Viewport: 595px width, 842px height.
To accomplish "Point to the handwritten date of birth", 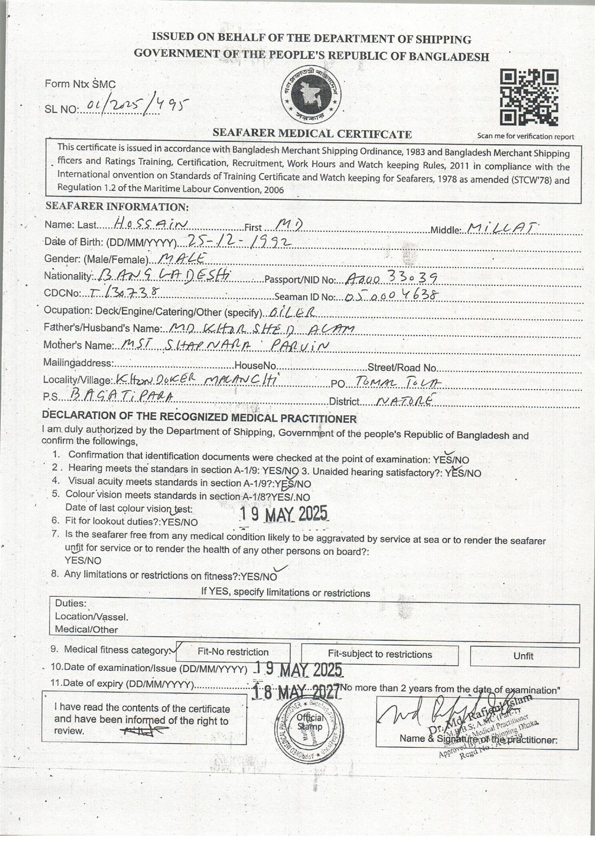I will click(239, 241).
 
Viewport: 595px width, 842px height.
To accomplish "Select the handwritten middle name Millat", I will click(501, 228).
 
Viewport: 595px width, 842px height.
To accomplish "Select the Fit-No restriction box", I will click(233, 651).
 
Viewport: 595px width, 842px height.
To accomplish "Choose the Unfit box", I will click(523, 656).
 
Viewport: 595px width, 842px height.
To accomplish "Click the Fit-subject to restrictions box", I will click(380, 655).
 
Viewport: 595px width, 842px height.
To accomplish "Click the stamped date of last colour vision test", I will click(284, 514).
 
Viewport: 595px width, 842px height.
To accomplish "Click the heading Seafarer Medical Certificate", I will click(312, 134).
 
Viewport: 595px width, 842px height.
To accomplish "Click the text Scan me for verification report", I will click(525, 136).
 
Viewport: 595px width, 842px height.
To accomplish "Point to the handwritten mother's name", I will click(224, 345).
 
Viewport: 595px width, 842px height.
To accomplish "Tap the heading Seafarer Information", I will click(117, 207).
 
